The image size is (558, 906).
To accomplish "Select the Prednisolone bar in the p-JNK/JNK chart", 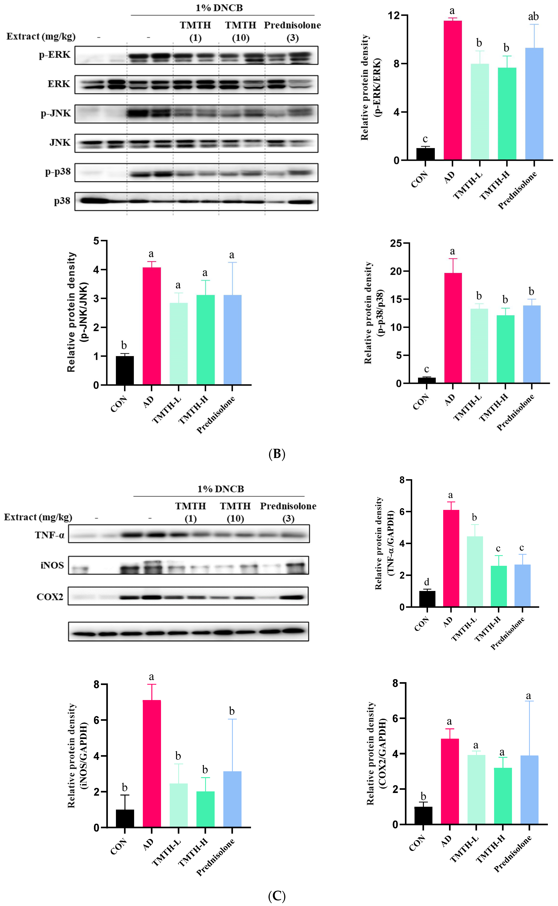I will coord(232,340).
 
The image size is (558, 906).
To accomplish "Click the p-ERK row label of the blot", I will coord(55,55).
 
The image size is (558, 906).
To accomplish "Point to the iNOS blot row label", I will coord(52,565).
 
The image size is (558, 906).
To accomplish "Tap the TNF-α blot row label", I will coord(50,535).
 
